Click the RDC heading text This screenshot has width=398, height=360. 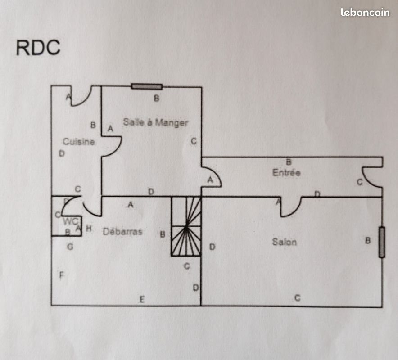pyautogui.click(x=38, y=48)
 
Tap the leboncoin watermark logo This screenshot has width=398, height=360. pyautogui.click(x=365, y=13)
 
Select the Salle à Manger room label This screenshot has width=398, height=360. pyautogui.click(x=155, y=122)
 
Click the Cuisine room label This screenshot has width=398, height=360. pyautogui.click(x=79, y=142)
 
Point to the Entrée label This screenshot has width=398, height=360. pyautogui.click(x=286, y=172)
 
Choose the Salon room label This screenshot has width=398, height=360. pyautogui.click(x=284, y=242)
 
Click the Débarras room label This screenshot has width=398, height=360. pyautogui.click(x=122, y=232)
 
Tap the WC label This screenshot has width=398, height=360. pyautogui.click(x=71, y=221)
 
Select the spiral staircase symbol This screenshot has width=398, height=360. pyautogui.click(x=186, y=227)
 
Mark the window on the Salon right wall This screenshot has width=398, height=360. pyautogui.click(x=382, y=243)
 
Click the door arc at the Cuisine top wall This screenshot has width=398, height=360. pyautogui.click(x=82, y=95)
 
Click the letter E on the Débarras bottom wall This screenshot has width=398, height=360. pyautogui.click(x=141, y=300)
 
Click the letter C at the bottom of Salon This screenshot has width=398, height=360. pyautogui.click(x=297, y=297)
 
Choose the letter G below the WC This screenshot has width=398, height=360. pyautogui.click(x=70, y=247)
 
